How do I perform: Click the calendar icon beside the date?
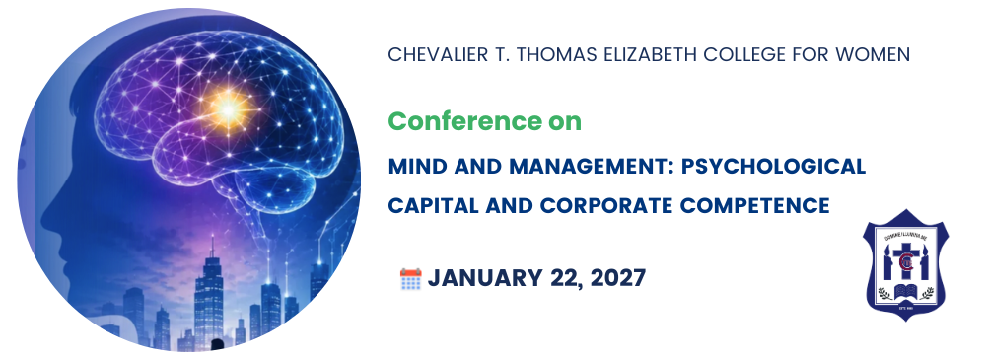pos(410,278)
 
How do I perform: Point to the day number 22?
pos(562,279)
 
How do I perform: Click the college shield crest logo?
pos(905,265)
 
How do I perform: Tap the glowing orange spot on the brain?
pos(228,108)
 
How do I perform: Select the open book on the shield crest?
pos(906,291)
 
